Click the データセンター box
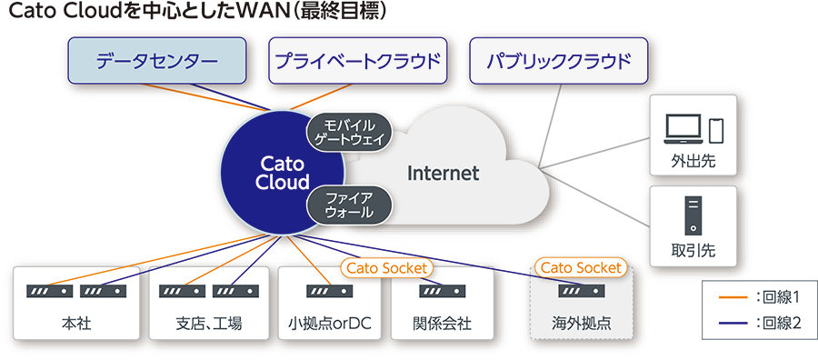coord(157,61)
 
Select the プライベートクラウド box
coord(358,61)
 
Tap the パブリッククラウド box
coord(559,61)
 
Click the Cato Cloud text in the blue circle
coord(283,174)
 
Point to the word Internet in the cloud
coord(443,174)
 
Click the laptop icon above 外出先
coord(683,129)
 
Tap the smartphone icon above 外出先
coord(717,130)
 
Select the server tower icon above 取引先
coord(693,215)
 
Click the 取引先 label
coord(693,251)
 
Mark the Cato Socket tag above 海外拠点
coord(581,268)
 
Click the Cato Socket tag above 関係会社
coord(387,268)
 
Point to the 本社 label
coord(76,324)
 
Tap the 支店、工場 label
coord(209,324)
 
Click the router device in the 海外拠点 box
coord(582,291)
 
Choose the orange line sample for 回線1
coord(733,298)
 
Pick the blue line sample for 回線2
coord(733,324)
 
